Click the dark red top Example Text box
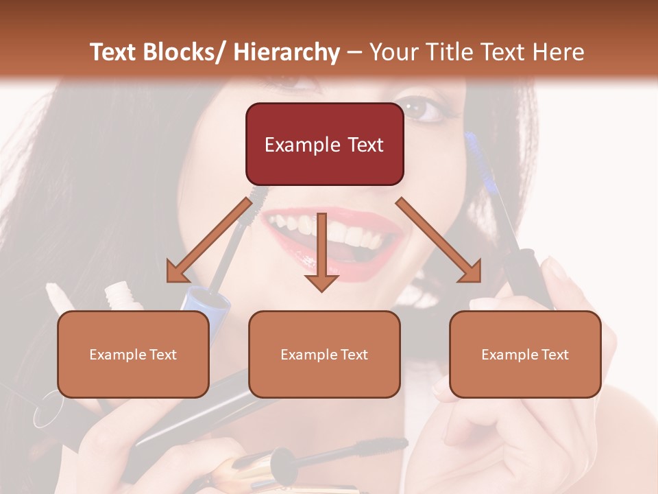point(324,144)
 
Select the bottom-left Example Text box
point(133,354)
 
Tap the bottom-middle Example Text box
point(324,354)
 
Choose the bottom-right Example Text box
point(525,354)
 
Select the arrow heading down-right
point(439,241)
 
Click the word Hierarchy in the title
point(286,52)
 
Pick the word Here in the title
point(559,52)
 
